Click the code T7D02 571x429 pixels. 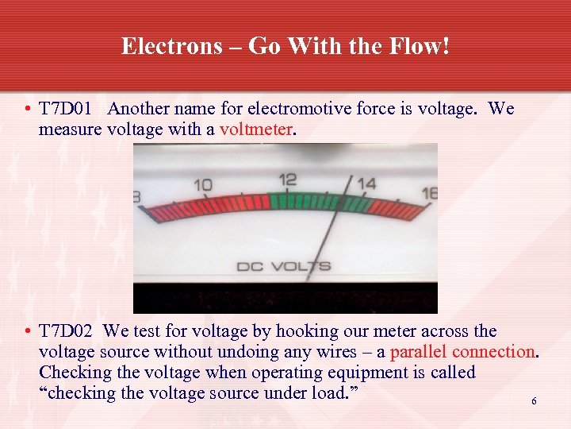69,331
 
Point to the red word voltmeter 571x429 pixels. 256,129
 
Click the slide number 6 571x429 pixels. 534,401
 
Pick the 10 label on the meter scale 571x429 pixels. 203,185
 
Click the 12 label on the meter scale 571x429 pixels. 288,180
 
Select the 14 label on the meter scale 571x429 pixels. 366,184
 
